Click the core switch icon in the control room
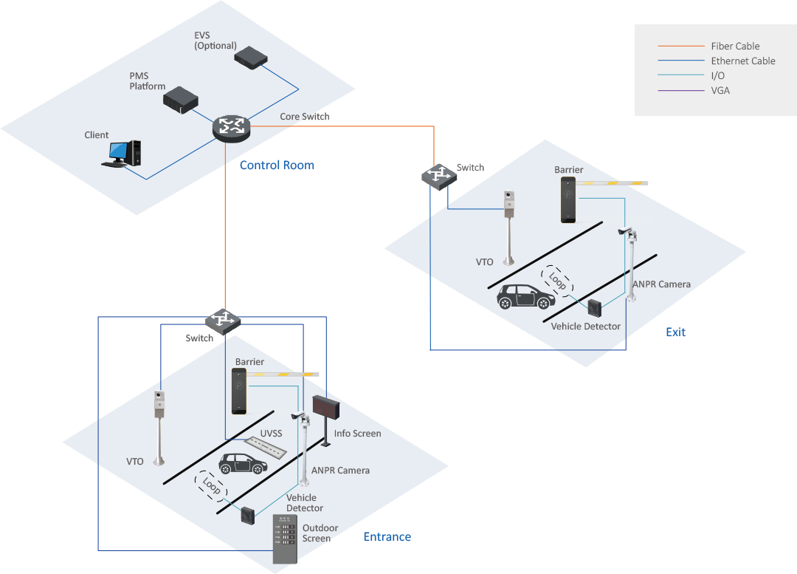coord(232,127)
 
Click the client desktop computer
coord(122,153)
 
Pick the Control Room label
coord(277,165)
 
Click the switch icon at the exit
coord(439,175)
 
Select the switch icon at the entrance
coord(223,320)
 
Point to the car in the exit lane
coord(526,296)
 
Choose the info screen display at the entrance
coord(325,407)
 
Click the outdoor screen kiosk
coord(286,539)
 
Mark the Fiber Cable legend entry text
coord(735,46)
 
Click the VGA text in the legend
coord(720,90)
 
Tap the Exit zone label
coord(675,332)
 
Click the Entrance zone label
coord(387,537)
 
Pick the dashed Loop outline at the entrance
coord(211,486)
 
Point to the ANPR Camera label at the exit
coord(661,284)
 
